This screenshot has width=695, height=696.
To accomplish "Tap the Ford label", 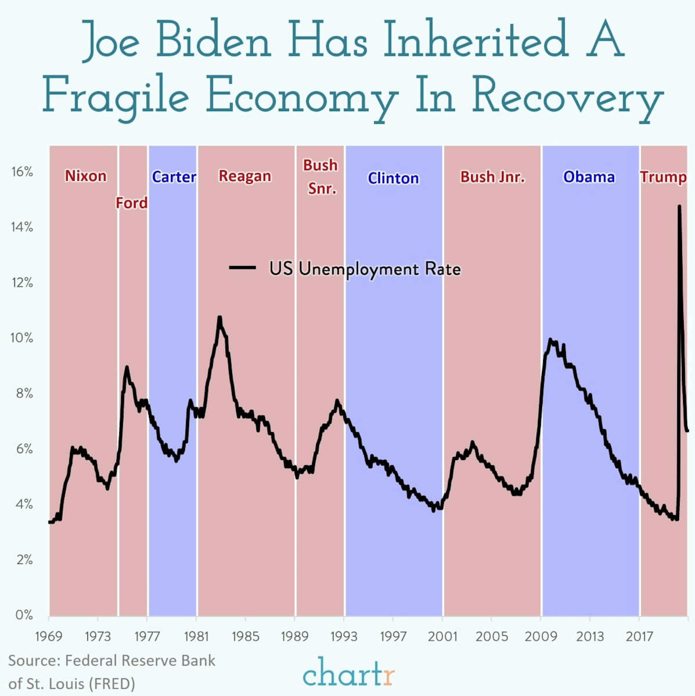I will tap(132, 203).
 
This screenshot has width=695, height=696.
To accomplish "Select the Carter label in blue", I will tap(174, 177).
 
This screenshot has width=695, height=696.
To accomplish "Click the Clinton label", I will tap(393, 178).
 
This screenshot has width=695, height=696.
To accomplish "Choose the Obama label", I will tap(589, 177).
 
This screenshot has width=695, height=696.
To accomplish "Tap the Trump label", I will tap(663, 177).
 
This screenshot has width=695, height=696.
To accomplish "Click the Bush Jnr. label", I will tap(492, 177).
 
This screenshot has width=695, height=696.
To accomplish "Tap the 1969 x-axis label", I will tap(49, 637).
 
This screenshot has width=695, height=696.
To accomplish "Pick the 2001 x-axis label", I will tap(443, 637).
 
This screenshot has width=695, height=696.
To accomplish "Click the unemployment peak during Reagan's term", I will tap(219, 318).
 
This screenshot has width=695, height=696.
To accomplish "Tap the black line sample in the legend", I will tap(243, 268).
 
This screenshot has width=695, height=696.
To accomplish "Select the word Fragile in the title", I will tap(115, 96).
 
